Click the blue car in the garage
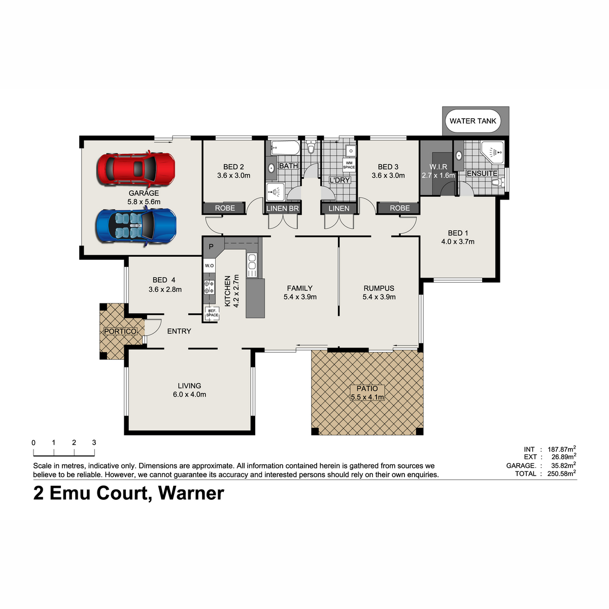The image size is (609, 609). [136, 225]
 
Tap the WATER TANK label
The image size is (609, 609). [473, 121]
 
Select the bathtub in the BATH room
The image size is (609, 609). [285, 148]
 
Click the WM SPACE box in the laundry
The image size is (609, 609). [349, 165]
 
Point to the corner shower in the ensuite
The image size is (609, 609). [492, 152]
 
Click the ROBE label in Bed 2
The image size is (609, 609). [225, 208]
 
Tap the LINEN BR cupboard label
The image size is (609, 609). [282, 208]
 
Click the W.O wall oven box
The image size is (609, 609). [209, 265]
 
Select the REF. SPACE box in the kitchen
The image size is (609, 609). [212, 313]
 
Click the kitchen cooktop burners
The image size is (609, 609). [209, 287]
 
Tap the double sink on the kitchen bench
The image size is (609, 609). [252, 265]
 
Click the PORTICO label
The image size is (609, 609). [120, 331]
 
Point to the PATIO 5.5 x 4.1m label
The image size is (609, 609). [367, 392]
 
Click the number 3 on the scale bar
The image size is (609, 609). [94, 443]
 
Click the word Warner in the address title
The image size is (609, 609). [191, 493]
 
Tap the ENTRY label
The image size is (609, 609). [179, 331]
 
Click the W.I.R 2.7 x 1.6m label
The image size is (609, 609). [438, 171]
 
